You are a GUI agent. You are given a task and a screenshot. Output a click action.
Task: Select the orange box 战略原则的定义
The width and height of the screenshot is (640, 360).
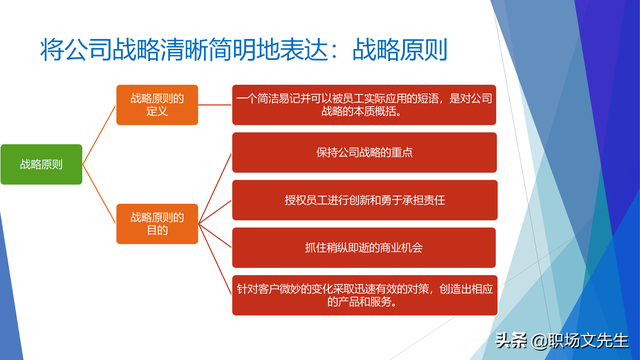click(156, 104)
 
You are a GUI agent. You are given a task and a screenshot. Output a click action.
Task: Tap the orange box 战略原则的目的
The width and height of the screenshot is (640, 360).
click(156, 222)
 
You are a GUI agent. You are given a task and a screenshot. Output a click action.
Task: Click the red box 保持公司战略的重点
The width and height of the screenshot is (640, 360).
click(364, 152)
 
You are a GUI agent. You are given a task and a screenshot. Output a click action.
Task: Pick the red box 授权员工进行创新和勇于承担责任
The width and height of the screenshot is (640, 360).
click(364, 199)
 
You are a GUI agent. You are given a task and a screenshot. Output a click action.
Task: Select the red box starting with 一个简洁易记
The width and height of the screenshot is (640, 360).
click(364, 104)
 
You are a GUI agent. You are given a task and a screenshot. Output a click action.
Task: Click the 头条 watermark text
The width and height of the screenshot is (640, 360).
click(513, 341)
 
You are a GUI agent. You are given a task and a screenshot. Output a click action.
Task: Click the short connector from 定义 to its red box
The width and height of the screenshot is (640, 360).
click(214, 104)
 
